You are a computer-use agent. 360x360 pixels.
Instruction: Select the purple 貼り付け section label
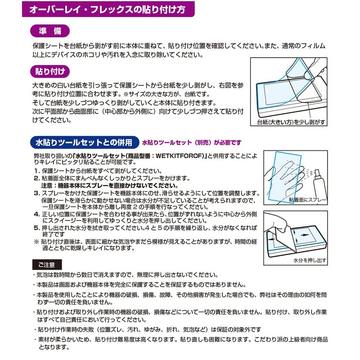pos(49,71)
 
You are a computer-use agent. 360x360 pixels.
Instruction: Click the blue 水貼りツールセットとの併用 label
pos(84,143)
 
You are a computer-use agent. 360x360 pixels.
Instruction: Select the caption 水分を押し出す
pos(310,260)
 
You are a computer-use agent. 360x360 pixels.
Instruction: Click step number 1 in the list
pos(36,171)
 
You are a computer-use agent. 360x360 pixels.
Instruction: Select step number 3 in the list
pos(36,193)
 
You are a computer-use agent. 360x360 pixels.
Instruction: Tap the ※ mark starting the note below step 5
pos(36,242)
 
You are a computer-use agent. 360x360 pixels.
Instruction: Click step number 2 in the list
pos(36,179)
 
